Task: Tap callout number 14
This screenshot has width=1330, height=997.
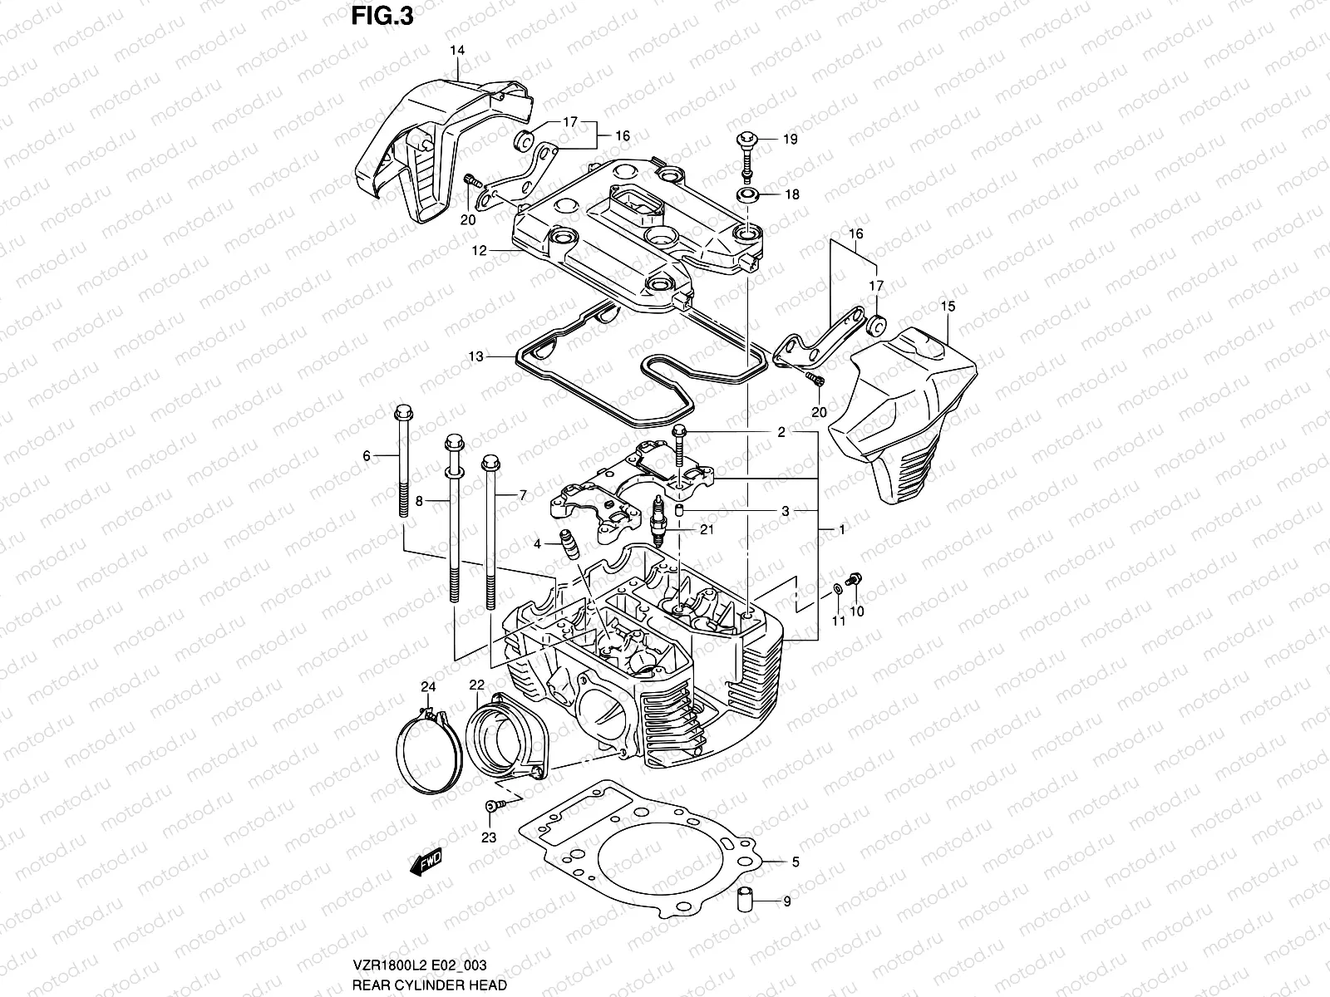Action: (x=457, y=51)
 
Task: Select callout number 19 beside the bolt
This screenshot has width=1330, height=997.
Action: (x=790, y=140)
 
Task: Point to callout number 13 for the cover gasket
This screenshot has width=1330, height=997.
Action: (x=475, y=356)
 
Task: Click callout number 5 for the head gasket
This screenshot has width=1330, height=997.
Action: (x=796, y=863)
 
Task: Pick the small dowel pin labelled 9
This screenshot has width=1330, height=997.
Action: (x=744, y=901)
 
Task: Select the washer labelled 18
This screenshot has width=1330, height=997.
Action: (x=746, y=196)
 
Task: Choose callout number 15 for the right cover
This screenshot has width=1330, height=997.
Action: (x=948, y=307)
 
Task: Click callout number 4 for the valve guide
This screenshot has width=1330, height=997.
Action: (x=538, y=543)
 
